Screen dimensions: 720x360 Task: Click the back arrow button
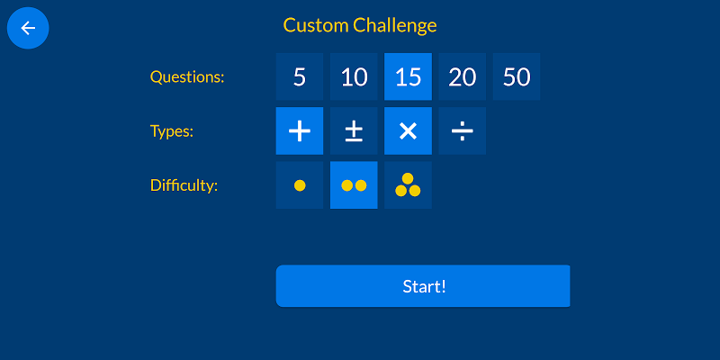pyautogui.click(x=28, y=28)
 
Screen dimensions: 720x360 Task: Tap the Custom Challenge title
pyautogui.click(x=360, y=26)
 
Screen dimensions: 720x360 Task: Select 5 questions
pyautogui.click(x=300, y=76)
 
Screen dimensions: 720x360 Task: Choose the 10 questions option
pyautogui.click(x=354, y=76)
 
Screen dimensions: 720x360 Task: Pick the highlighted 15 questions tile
pyautogui.click(x=408, y=76)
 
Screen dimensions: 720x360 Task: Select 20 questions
pyautogui.click(x=462, y=76)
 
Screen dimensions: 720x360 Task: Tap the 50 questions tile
pyautogui.click(x=516, y=76)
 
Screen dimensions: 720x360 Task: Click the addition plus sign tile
pyautogui.click(x=300, y=130)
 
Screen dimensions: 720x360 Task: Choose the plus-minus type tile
pyautogui.click(x=354, y=130)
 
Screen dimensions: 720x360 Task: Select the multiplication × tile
pyautogui.click(x=408, y=130)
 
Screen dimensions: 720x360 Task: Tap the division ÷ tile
pyautogui.click(x=462, y=130)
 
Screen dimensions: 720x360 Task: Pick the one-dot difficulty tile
pyautogui.click(x=300, y=185)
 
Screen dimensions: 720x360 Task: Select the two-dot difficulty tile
pyautogui.click(x=354, y=185)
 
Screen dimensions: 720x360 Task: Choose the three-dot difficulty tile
pyautogui.click(x=408, y=185)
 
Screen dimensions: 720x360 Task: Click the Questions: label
pyautogui.click(x=187, y=77)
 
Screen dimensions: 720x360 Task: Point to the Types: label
pyautogui.click(x=172, y=131)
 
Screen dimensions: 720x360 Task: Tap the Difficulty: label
pyautogui.click(x=184, y=186)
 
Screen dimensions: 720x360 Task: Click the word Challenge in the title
pyautogui.click(x=395, y=26)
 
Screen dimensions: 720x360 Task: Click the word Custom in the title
pyautogui.click(x=316, y=26)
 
